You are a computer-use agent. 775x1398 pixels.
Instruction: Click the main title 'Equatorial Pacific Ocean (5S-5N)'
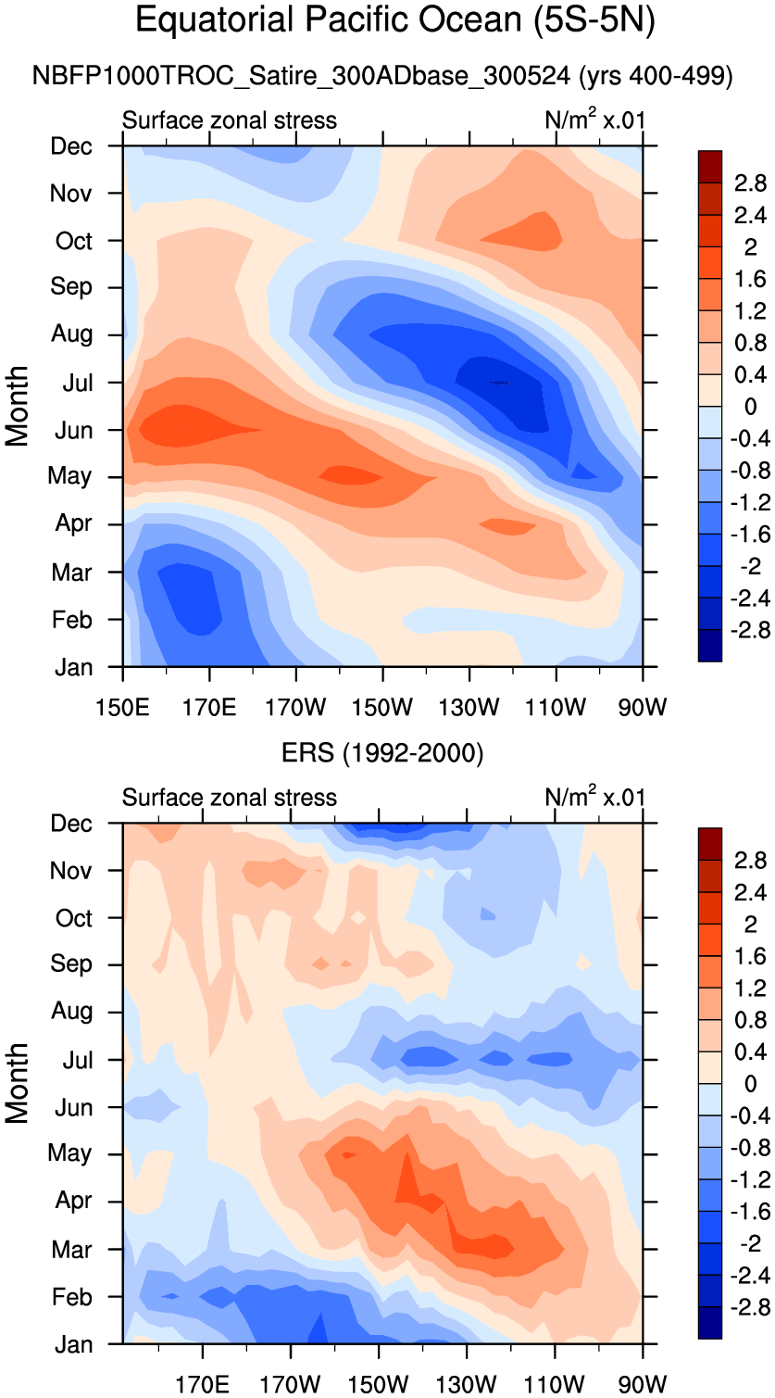click(x=395, y=20)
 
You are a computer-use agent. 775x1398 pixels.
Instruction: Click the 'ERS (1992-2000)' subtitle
click(x=382, y=754)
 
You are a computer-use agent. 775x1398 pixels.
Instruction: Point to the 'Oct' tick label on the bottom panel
click(x=74, y=918)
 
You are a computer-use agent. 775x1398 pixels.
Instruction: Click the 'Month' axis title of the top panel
click(x=18, y=406)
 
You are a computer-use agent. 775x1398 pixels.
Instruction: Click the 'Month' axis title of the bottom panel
click(x=18, y=1083)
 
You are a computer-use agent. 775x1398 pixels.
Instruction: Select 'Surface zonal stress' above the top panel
click(x=230, y=120)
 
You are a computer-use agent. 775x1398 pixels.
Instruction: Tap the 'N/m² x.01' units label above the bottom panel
click(x=594, y=797)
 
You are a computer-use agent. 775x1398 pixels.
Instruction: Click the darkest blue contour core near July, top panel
click(x=498, y=382)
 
